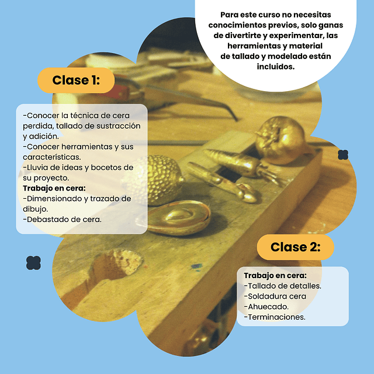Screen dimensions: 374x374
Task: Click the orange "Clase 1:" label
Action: pos(76,80)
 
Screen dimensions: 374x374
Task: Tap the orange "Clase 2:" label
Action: pos(295,247)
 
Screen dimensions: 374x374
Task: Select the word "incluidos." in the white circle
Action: pos(276,67)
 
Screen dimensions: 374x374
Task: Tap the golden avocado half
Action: pos(175,217)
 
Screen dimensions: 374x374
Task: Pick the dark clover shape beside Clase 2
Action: pos(33,263)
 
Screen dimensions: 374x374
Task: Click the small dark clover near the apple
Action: pos(343,155)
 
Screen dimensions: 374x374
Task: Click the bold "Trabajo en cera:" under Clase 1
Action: pos(54,188)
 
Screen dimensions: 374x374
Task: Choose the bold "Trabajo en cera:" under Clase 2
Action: pos(275,275)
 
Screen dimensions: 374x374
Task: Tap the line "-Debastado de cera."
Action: pos(63,220)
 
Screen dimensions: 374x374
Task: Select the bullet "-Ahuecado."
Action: pos(266,307)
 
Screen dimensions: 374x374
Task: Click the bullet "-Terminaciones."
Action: pos(275,317)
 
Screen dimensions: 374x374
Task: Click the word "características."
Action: pos(52,157)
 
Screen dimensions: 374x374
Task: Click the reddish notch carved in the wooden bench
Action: pos(112,269)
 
